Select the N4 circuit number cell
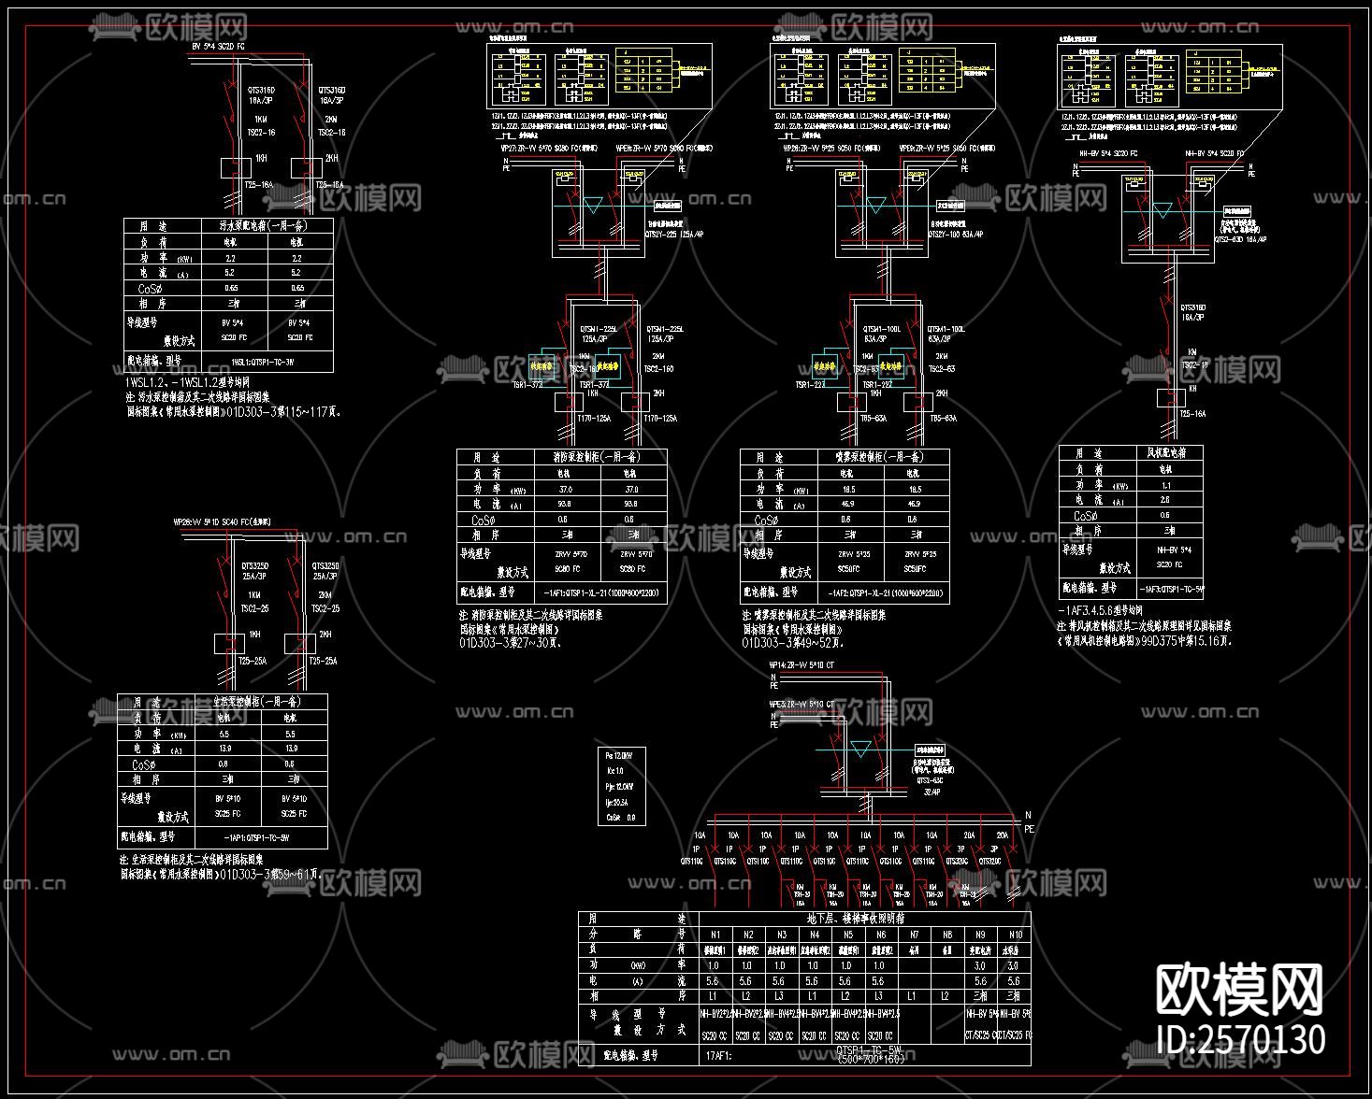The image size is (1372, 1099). [815, 934]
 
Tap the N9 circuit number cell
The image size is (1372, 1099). [980, 934]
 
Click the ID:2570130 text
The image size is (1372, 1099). [1241, 1039]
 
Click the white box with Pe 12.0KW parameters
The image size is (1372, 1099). [621, 786]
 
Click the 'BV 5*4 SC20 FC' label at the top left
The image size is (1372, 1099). [219, 46]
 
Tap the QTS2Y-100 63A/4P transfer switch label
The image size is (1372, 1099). [956, 235]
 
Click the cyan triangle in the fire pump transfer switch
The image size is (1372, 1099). [593, 206]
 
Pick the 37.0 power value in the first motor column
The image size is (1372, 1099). [565, 489]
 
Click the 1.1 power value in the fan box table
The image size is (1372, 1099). [1165, 486]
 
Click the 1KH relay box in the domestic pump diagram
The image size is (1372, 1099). [227, 643]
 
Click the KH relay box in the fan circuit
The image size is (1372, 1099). [1170, 398]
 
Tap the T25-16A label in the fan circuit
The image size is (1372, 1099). [1192, 414]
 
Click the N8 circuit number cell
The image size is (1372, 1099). [947, 934]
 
